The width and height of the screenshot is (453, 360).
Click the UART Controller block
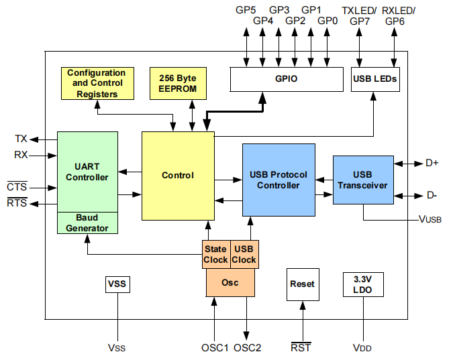[87, 171]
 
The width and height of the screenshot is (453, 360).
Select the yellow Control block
[178, 176]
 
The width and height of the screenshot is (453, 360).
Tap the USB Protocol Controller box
[279, 180]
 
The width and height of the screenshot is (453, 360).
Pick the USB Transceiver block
[362, 180]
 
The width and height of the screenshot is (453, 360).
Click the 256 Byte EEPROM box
[178, 83]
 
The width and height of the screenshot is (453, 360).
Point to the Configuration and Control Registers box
[96, 83]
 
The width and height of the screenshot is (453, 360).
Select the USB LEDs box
[375, 79]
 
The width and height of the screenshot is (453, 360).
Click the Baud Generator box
[87, 223]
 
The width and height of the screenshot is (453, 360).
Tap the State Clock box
[216, 254]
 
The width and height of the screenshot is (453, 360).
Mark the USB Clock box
[244, 254]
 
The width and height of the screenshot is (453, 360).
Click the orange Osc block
[230, 283]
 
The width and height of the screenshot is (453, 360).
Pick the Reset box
[302, 284]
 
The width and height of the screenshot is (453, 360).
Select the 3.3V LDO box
[362, 284]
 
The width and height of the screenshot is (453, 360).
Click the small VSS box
[117, 284]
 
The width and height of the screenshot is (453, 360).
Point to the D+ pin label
[432, 163]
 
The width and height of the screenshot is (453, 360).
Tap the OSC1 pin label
[215, 348]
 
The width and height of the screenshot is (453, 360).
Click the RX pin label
[21, 155]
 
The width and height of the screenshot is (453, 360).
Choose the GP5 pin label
[246, 10]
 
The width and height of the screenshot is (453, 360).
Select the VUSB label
[430, 219]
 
